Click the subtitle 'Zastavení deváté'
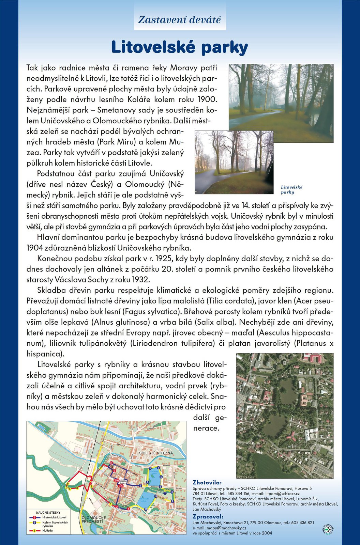pos(180,20)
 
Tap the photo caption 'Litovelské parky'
pos(291,190)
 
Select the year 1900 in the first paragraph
pos(207,99)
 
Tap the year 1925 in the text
pos(154,259)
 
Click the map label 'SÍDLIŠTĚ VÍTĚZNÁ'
pos(156,453)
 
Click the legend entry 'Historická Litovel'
pos(54,517)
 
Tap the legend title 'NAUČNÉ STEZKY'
pos(48,512)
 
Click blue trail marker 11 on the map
pos(146,509)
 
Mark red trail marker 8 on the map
pos(111,463)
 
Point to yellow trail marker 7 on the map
pos(101,468)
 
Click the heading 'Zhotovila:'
pos(207,482)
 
